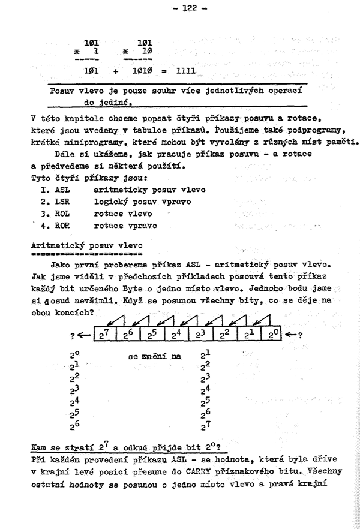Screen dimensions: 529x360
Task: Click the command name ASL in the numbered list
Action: [x=62, y=190]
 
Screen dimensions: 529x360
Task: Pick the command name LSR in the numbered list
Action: [x=62, y=202]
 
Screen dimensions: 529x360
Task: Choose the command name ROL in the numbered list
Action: [x=62, y=214]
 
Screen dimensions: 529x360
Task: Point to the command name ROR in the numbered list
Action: [x=62, y=226]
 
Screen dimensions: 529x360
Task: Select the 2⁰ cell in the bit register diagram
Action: [x=274, y=335]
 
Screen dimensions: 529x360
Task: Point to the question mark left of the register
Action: [x=73, y=335]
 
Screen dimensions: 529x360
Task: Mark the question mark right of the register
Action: [x=299, y=335]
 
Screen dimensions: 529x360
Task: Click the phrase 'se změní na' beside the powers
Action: [x=154, y=356]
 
